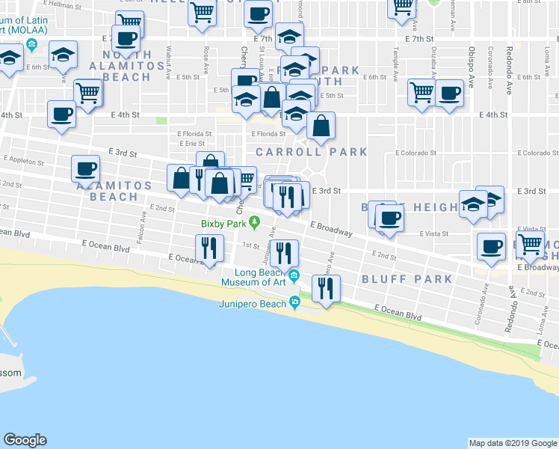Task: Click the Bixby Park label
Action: coord(223,222)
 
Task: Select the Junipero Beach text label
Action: coord(252,304)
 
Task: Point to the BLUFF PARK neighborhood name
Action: coord(407,279)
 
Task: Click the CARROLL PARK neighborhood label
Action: coord(311,151)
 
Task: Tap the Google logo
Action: coord(25,440)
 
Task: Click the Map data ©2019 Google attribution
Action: coord(512,443)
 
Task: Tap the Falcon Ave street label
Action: coord(142,220)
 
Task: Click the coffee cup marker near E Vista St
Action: coord(389,219)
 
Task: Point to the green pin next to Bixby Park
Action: coord(254,222)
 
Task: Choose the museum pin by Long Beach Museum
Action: coord(294,276)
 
